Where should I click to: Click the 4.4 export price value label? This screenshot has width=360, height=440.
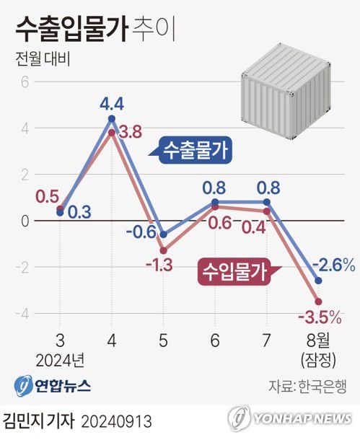click(x=111, y=103)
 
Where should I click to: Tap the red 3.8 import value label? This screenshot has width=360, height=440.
click(x=130, y=132)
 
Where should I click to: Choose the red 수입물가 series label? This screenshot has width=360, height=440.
click(x=232, y=273)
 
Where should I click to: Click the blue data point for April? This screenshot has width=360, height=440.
click(x=111, y=118)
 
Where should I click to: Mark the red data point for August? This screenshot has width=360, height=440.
click(x=318, y=302)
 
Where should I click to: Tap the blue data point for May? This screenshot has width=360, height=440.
click(x=163, y=234)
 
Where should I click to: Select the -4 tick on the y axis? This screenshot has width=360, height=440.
click(x=21, y=313)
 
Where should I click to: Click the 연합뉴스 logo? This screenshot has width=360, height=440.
click(x=52, y=385)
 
